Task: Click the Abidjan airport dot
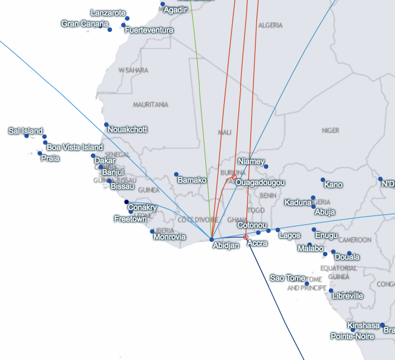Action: [212, 239]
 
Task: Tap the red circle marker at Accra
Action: [246, 237]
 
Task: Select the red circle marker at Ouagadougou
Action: [234, 177]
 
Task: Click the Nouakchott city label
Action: [127, 129]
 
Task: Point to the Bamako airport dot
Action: [176, 174]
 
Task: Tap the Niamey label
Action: [251, 161]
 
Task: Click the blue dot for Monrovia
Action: [152, 232]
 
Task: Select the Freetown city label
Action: [130, 219]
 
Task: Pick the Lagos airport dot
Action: [278, 230]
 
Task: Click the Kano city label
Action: [333, 185]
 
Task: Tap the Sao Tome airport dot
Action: [307, 283]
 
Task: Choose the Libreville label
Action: [348, 296]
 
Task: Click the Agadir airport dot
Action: [163, 4]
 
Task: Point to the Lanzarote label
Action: [108, 13]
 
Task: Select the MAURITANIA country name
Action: [150, 105]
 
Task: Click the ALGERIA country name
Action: [270, 25]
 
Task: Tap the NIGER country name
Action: [331, 130]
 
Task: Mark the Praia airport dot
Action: [39, 153]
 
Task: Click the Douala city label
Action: [347, 257]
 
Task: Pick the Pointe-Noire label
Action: [352, 337]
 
